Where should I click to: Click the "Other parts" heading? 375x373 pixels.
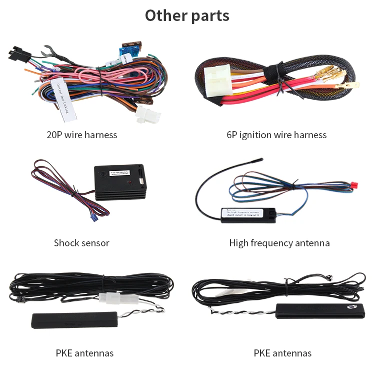point(187,16)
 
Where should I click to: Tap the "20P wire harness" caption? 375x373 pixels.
point(81,135)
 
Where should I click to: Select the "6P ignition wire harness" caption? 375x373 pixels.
point(276,135)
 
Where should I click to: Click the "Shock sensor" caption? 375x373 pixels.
point(81,243)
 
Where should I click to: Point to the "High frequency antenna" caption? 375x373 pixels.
point(279,243)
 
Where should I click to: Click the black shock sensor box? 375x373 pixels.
point(120,182)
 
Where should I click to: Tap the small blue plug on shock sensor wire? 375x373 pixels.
point(93,217)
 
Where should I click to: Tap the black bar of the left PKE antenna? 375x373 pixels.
point(74,320)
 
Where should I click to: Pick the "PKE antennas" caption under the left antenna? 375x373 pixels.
point(84,353)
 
